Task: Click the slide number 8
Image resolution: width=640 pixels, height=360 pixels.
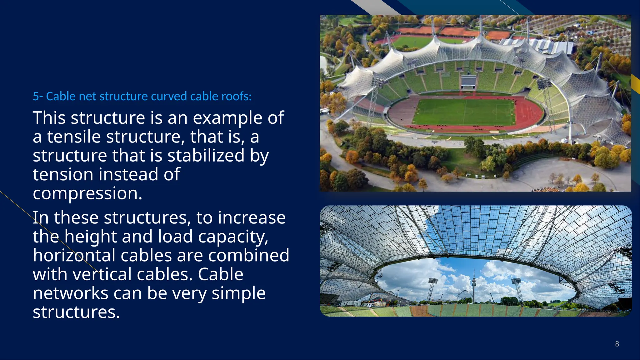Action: pos(617,344)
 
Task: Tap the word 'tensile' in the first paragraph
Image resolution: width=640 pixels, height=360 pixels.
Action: pos(74,137)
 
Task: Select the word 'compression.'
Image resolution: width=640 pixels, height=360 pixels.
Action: pos(87,193)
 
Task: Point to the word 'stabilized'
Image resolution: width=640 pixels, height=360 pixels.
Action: pos(206,156)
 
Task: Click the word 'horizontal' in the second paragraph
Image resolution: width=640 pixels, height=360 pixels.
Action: pos(74,255)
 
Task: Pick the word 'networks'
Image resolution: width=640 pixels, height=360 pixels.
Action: pos(70,293)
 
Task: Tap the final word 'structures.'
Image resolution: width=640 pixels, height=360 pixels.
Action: pos(76,312)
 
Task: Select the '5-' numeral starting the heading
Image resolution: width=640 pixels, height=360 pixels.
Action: pos(38,96)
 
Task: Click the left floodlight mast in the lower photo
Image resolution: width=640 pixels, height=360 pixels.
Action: pos(432,289)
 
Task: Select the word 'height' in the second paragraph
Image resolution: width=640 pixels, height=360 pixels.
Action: pos(90,237)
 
